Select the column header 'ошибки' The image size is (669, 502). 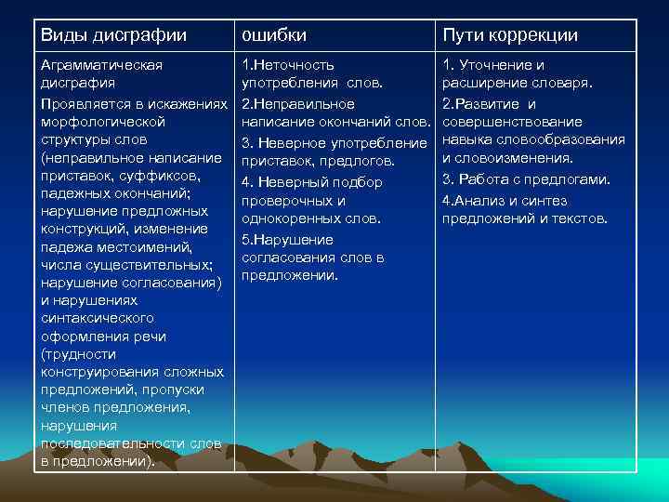[273, 35]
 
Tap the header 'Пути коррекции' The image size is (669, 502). [510, 35]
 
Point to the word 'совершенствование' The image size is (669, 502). [512, 122]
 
